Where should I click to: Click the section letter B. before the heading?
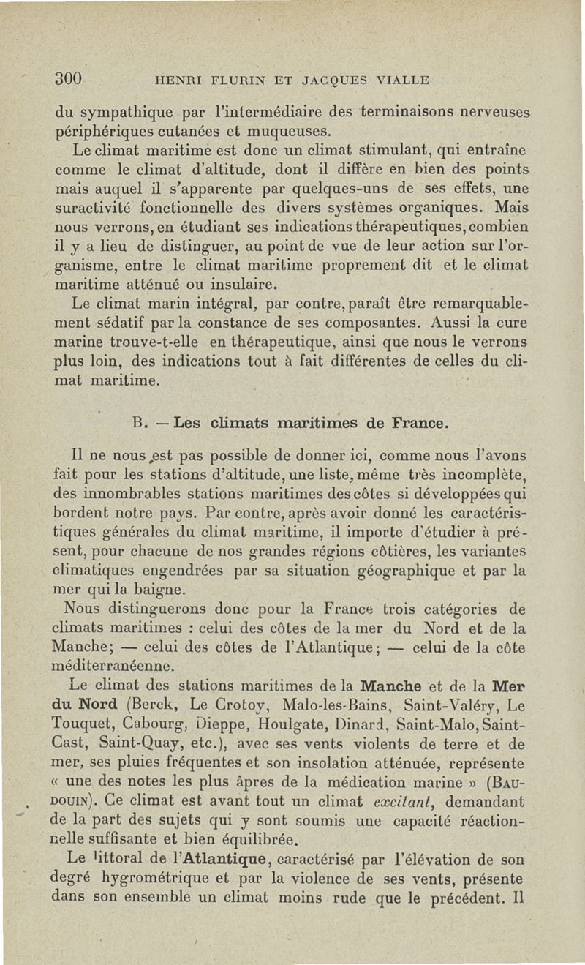[142, 424]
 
